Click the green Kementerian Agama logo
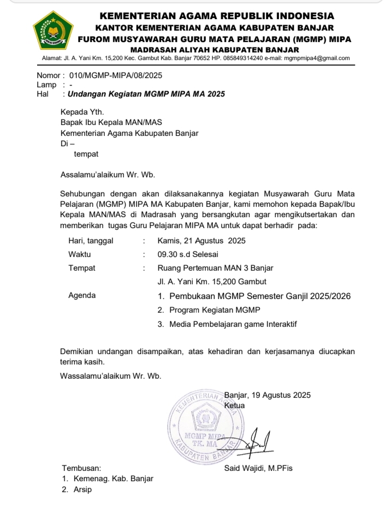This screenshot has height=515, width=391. point(53,31)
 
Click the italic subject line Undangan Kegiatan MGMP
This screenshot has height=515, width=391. point(146,94)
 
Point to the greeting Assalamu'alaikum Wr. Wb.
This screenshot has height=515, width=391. point(108,175)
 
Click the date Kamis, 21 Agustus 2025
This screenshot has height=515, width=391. point(202,241)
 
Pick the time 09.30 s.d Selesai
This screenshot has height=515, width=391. point(188,254)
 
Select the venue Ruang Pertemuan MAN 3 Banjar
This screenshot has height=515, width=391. point(215,268)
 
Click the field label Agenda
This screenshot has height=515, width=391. point(82,296)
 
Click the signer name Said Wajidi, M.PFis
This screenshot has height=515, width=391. point(258,468)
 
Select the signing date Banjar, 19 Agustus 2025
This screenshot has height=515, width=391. point(267,396)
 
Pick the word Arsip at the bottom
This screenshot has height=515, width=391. point(83,490)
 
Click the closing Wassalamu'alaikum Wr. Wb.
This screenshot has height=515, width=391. point(110,375)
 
